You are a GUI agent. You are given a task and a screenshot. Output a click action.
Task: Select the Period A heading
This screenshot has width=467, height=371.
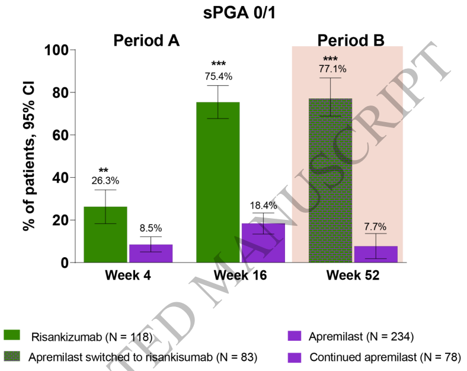[146, 40]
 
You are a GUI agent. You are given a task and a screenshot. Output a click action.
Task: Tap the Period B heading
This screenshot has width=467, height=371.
[351, 40]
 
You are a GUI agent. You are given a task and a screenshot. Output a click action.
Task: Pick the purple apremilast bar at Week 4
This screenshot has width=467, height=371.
[151, 253]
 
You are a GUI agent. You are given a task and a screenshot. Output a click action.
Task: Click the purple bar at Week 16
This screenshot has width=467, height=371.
[263, 242]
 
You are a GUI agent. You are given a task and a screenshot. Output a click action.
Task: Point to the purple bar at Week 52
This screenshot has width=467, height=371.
[376, 254]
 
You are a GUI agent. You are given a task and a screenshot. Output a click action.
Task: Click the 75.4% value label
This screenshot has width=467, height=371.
[218, 76]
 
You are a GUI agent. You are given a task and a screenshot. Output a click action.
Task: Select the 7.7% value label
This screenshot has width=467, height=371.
[375, 226]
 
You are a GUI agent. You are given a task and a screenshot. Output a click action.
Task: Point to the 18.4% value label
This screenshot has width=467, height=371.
[263, 204]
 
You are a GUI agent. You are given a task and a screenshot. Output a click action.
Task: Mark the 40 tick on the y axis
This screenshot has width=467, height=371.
[62, 177]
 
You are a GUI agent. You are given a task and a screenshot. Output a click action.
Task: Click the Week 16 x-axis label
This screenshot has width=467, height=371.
[241, 277]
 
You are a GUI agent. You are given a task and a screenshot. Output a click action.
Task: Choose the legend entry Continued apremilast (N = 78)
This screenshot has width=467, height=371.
[384, 357]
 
